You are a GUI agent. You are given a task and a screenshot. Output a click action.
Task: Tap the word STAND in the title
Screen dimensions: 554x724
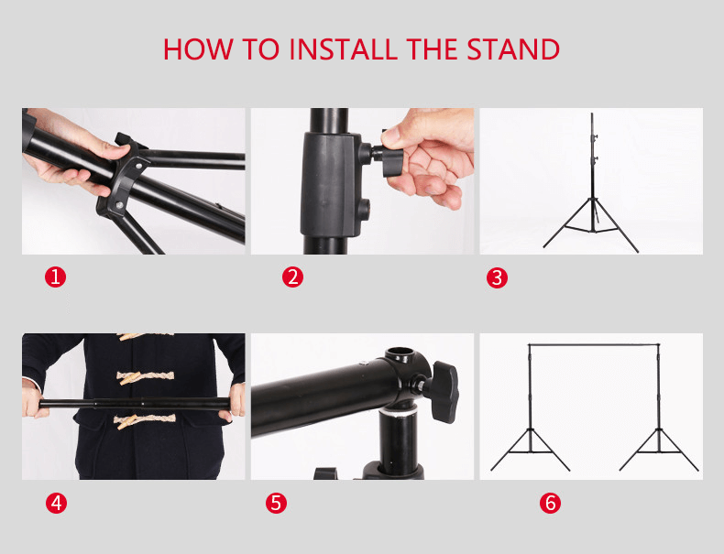(x=513, y=49)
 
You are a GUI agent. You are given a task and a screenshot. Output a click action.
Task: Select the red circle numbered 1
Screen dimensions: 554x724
(x=56, y=277)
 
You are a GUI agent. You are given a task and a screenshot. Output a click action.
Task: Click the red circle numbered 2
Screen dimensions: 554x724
(x=292, y=277)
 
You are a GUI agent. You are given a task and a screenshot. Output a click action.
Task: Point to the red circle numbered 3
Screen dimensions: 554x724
(x=497, y=277)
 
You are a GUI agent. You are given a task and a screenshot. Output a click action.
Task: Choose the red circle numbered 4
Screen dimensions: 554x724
(x=56, y=503)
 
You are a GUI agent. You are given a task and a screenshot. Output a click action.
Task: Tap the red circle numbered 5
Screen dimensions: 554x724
(x=277, y=503)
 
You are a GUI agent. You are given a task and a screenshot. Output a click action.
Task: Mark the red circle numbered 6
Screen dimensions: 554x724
(x=550, y=503)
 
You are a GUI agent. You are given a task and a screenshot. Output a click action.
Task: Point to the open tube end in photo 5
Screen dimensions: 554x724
(x=401, y=353)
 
